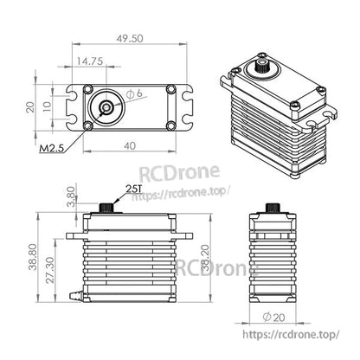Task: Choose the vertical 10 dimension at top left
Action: pos(49,106)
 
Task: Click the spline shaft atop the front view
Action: pos(107,208)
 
